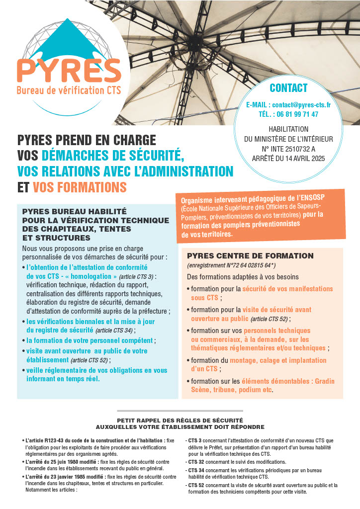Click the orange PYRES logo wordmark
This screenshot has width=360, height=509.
[x=69, y=70]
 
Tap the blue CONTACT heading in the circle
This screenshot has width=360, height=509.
[x=288, y=88]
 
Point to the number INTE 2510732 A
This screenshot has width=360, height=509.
[x=293, y=148]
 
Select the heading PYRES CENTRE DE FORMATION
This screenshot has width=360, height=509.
[x=250, y=255]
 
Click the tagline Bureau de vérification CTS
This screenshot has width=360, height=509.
[x=69, y=90]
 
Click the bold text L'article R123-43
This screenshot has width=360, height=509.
[x=47, y=440]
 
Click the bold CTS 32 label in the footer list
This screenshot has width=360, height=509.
[x=194, y=462]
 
